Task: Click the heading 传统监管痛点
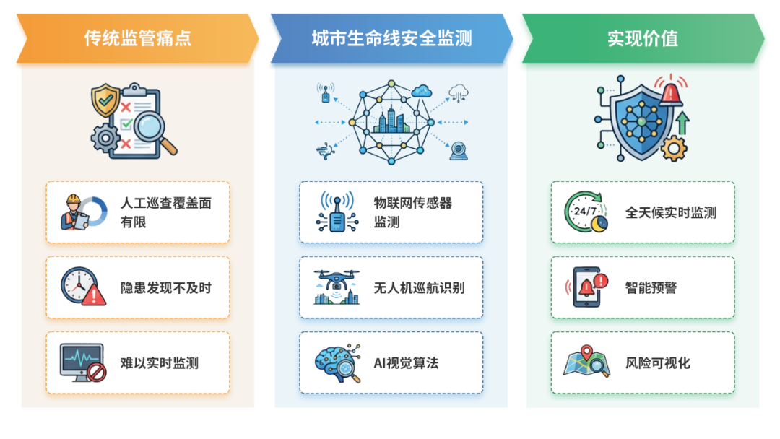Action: coord(137,38)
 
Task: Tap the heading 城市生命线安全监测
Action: coord(391,38)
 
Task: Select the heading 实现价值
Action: coord(643,38)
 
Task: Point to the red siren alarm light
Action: coord(671,92)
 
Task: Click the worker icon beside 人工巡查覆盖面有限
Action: coord(75,212)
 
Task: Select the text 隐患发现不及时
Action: coord(166,288)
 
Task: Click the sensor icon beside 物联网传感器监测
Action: coord(337,212)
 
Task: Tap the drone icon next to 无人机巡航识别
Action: coord(337,287)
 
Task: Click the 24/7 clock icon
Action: coord(586,212)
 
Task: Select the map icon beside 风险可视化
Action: coord(587,362)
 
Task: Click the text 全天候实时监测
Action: coord(671,212)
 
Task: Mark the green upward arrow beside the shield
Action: coord(682,123)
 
